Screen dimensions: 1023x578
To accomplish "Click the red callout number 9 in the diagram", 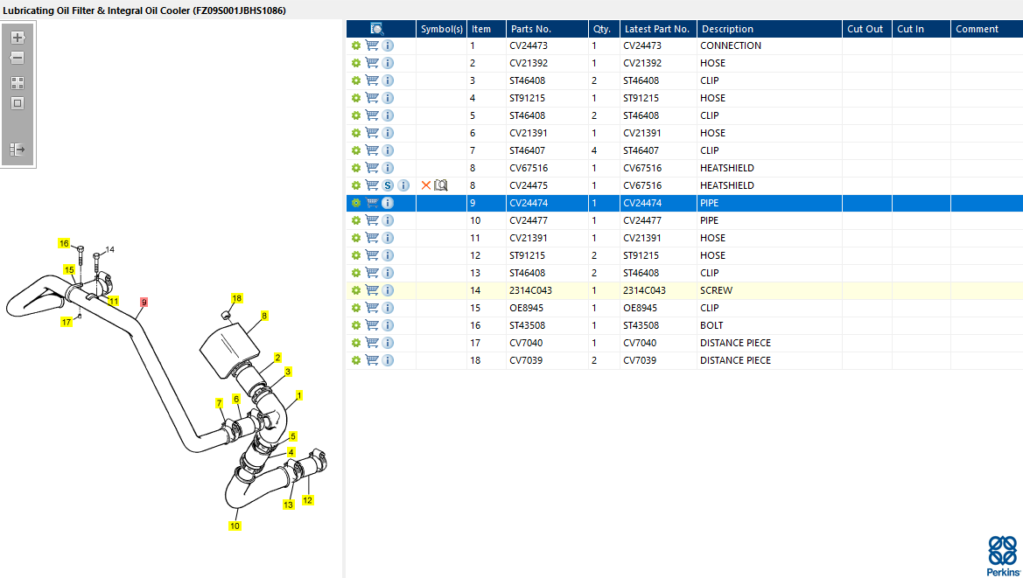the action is tap(144, 303).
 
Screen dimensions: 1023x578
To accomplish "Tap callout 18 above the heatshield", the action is tap(236, 298).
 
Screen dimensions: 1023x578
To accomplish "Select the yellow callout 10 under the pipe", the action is tap(235, 526).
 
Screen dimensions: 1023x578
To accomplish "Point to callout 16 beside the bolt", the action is tap(63, 244).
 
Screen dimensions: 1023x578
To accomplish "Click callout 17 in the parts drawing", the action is tap(66, 322).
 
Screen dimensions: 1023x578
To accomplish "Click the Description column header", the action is tap(727, 29).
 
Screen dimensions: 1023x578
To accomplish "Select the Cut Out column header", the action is tap(865, 29).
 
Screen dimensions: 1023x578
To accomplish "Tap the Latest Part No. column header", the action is tap(656, 29).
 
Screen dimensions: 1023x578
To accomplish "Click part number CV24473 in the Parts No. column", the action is tap(529, 45).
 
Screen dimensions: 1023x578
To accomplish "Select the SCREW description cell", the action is tap(716, 290).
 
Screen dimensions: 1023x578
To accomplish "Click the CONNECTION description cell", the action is tap(730, 45).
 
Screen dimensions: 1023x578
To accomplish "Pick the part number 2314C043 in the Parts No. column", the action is tap(530, 290).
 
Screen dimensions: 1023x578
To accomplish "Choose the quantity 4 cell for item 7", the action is tap(593, 150).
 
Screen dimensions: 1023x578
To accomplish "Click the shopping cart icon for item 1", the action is tap(372, 45).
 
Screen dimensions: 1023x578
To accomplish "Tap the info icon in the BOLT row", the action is tap(388, 325).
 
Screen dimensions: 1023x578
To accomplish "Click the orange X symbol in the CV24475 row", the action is tap(426, 185).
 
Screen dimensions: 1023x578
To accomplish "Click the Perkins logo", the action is tap(1003, 556).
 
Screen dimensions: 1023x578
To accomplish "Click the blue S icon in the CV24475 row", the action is tap(388, 185).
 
